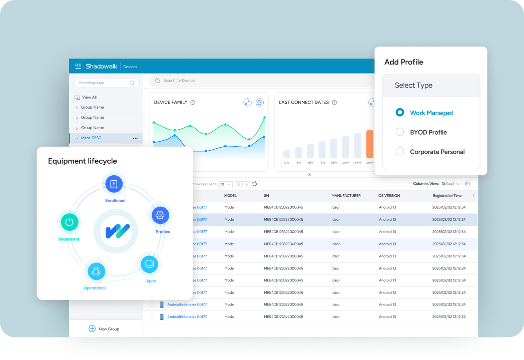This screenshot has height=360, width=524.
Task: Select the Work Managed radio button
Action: point(400,113)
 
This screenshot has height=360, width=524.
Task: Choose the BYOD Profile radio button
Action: point(400,132)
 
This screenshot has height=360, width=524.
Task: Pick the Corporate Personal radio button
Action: point(400,151)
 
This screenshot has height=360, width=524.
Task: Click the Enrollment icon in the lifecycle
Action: point(114,184)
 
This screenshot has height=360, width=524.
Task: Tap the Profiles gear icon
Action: point(160,215)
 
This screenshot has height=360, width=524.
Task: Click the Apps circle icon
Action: point(149,263)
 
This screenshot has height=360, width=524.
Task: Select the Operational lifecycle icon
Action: point(96,271)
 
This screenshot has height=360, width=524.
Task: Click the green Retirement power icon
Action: point(69,222)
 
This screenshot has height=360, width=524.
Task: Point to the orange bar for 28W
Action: point(370,144)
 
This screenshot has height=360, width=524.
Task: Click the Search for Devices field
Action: point(250,81)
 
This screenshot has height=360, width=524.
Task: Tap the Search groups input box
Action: point(105,83)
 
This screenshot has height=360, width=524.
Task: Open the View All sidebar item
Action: point(89,97)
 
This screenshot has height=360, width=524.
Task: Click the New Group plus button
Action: point(92,329)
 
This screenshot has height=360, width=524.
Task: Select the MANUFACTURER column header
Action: point(346,196)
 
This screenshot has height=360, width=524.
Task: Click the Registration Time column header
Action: point(447,196)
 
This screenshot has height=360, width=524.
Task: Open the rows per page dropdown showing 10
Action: point(225,184)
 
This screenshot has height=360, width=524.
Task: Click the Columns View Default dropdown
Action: point(450,184)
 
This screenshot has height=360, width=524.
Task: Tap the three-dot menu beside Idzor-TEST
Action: point(135,138)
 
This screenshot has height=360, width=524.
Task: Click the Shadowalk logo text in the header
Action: point(101,66)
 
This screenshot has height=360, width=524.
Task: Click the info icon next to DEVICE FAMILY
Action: point(193,102)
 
